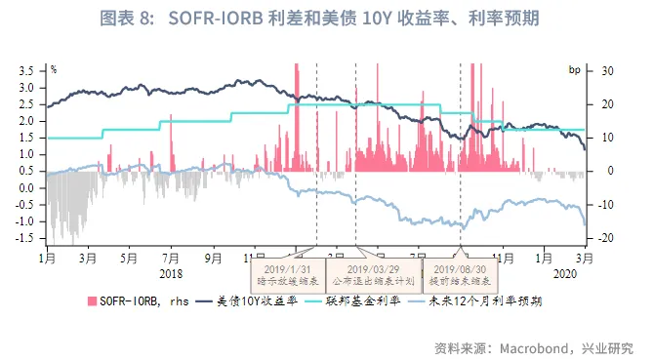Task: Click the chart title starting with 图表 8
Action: point(325,19)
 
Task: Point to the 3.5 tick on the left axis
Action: point(29,70)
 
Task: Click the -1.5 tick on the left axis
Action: point(27,238)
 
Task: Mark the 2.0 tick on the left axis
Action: point(29,121)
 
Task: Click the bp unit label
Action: point(575,70)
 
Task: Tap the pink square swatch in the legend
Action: point(93,301)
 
